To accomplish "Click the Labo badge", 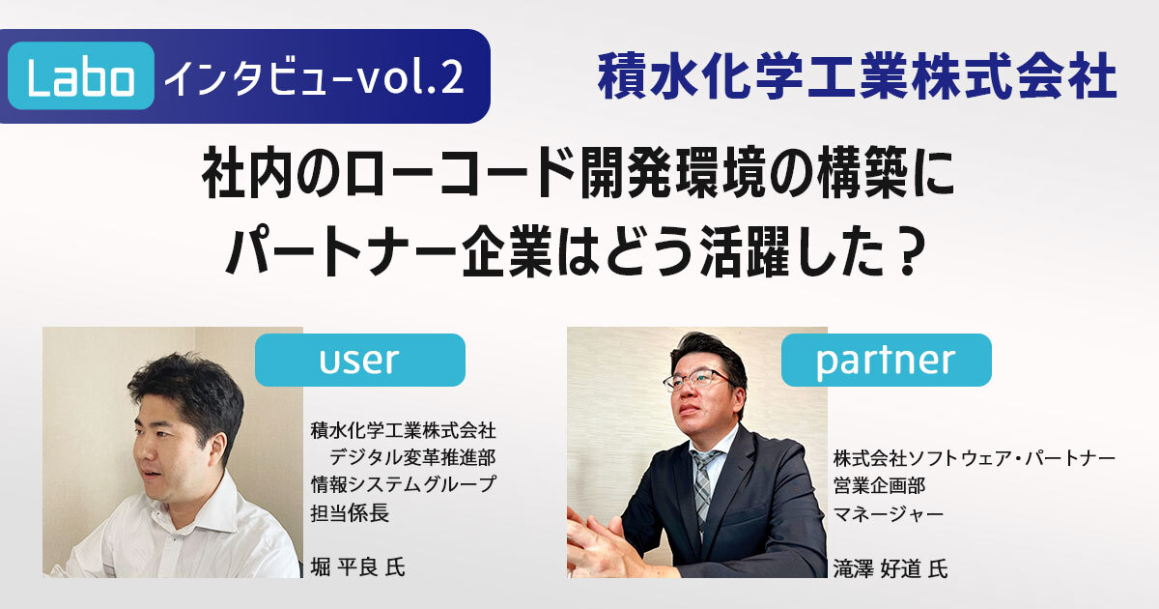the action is [x=81, y=75].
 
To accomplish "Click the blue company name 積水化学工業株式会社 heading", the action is [x=857, y=76].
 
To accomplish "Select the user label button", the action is [x=360, y=360].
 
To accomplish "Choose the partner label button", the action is [x=887, y=360].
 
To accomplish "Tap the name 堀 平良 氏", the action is [x=357, y=567].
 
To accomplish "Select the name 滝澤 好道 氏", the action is [x=890, y=568].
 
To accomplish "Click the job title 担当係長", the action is [x=350, y=512].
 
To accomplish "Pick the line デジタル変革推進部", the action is [x=412, y=457].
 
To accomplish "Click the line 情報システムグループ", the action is [x=403, y=484].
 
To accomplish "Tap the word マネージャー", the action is [x=889, y=514].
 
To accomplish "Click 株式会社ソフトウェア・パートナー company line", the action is [x=975, y=458].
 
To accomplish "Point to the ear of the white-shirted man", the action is [x=218, y=448].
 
